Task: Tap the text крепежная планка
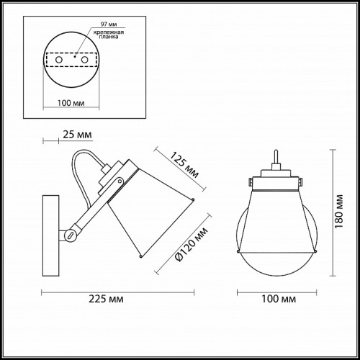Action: [109, 35]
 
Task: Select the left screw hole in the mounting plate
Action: [59, 60]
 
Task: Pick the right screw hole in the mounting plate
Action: [84, 60]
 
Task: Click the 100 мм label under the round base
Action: [71, 103]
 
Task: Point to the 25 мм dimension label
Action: [77, 135]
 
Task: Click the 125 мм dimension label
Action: [184, 165]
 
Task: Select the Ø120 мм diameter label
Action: [192, 244]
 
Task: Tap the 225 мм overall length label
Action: [106, 299]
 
